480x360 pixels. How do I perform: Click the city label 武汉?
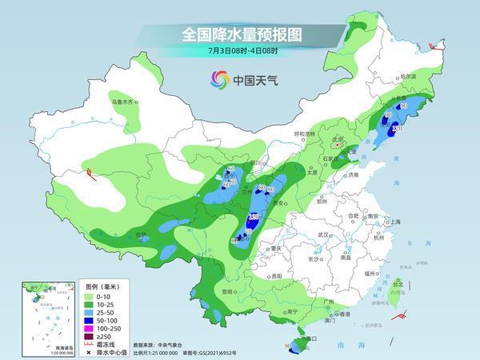[324, 234]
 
